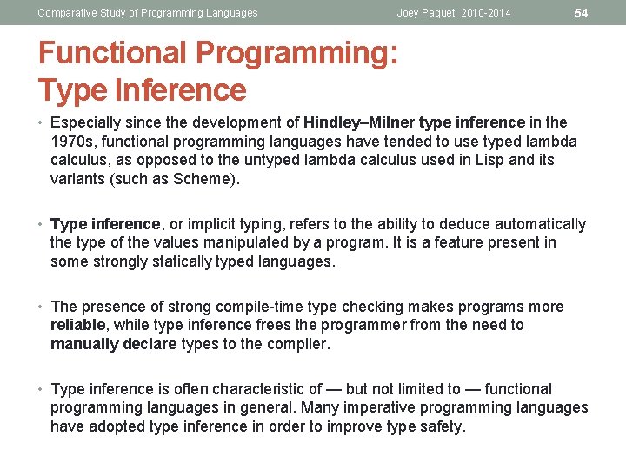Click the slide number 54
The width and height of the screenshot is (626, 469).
pos(582,13)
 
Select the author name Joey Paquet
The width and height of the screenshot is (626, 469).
pos(428,13)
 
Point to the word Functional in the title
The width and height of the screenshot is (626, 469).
pos(113,53)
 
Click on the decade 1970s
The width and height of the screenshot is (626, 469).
pos(71,142)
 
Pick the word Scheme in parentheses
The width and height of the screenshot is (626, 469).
pos(205,180)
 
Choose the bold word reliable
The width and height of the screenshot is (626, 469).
pos(77,326)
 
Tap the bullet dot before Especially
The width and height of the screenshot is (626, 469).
pos(42,122)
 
